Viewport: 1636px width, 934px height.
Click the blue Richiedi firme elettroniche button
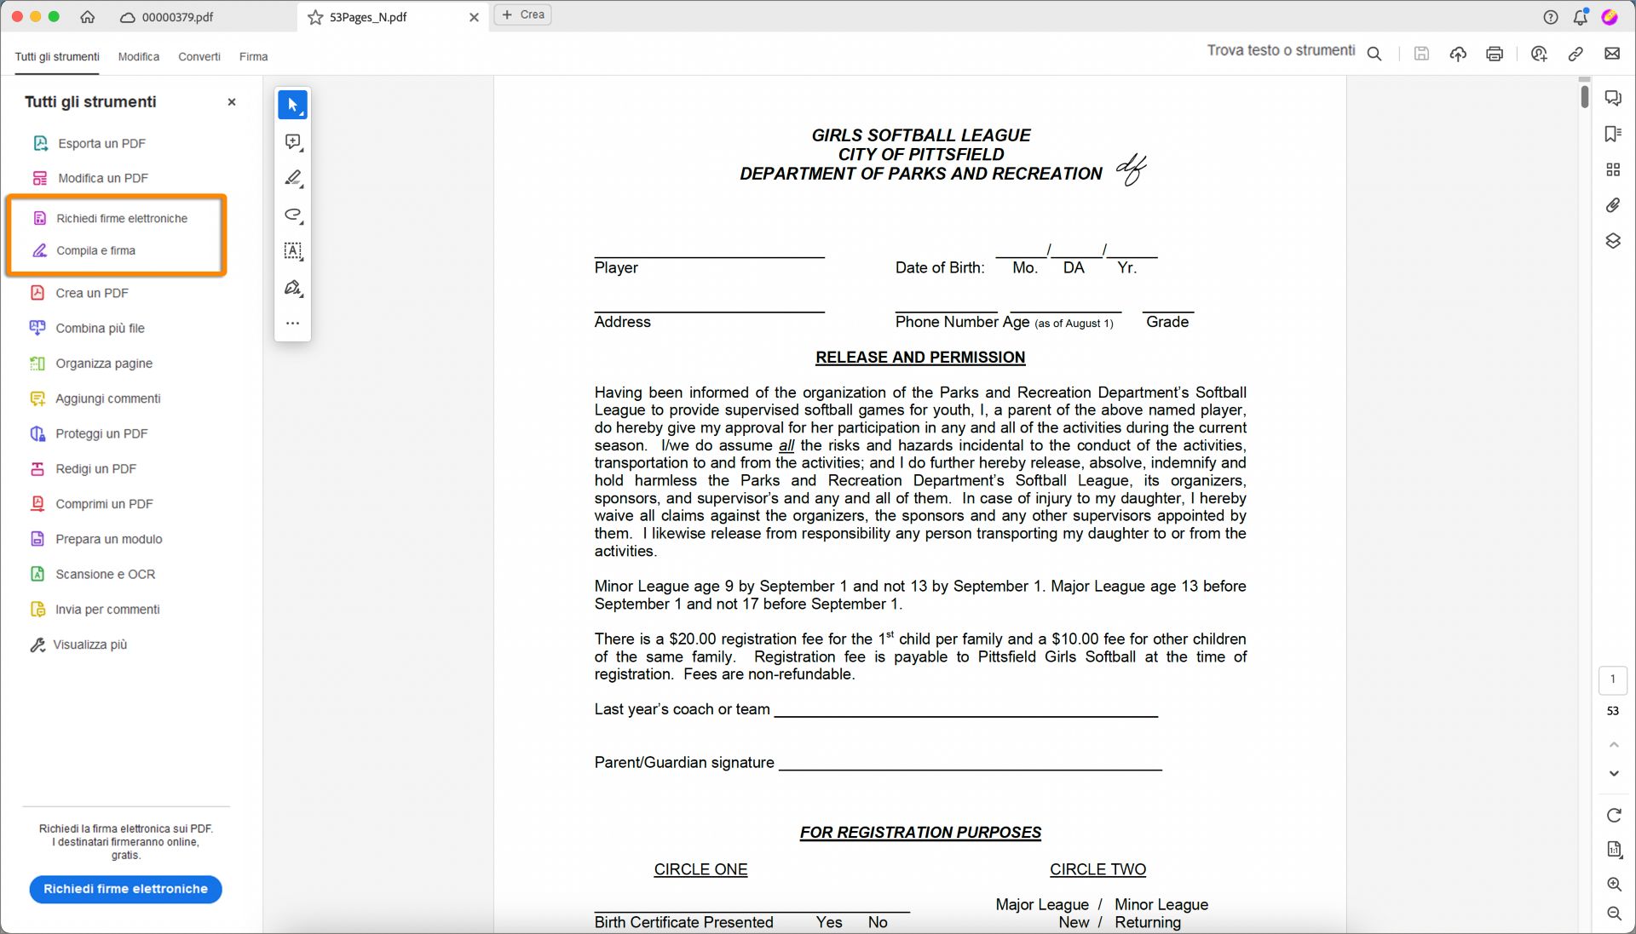(125, 889)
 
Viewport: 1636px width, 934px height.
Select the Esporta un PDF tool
(101, 143)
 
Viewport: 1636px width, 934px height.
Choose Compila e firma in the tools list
(95, 250)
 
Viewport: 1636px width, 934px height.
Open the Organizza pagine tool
(104, 364)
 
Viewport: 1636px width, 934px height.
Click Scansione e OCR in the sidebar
(105, 574)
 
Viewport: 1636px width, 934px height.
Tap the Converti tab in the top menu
(199, 56)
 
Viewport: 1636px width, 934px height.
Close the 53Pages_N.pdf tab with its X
(474, 17)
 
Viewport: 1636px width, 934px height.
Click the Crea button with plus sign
(523, 14)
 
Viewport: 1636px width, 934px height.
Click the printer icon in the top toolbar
(1495, 54)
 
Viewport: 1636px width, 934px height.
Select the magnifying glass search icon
(1374, 54)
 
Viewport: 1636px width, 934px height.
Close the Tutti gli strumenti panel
(232, 102)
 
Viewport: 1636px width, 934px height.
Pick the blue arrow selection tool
(292, 105)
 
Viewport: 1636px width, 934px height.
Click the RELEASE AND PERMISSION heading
(920, 358)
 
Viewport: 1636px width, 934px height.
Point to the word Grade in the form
(1167, 322)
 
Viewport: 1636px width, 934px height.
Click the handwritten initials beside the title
(1132, 169)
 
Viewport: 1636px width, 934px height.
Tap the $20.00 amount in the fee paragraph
(693, 639)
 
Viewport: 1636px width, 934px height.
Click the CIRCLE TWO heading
(1097, 869)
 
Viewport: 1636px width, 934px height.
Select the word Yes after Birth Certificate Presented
(829, 922)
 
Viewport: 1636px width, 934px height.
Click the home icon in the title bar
(88, 17)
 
